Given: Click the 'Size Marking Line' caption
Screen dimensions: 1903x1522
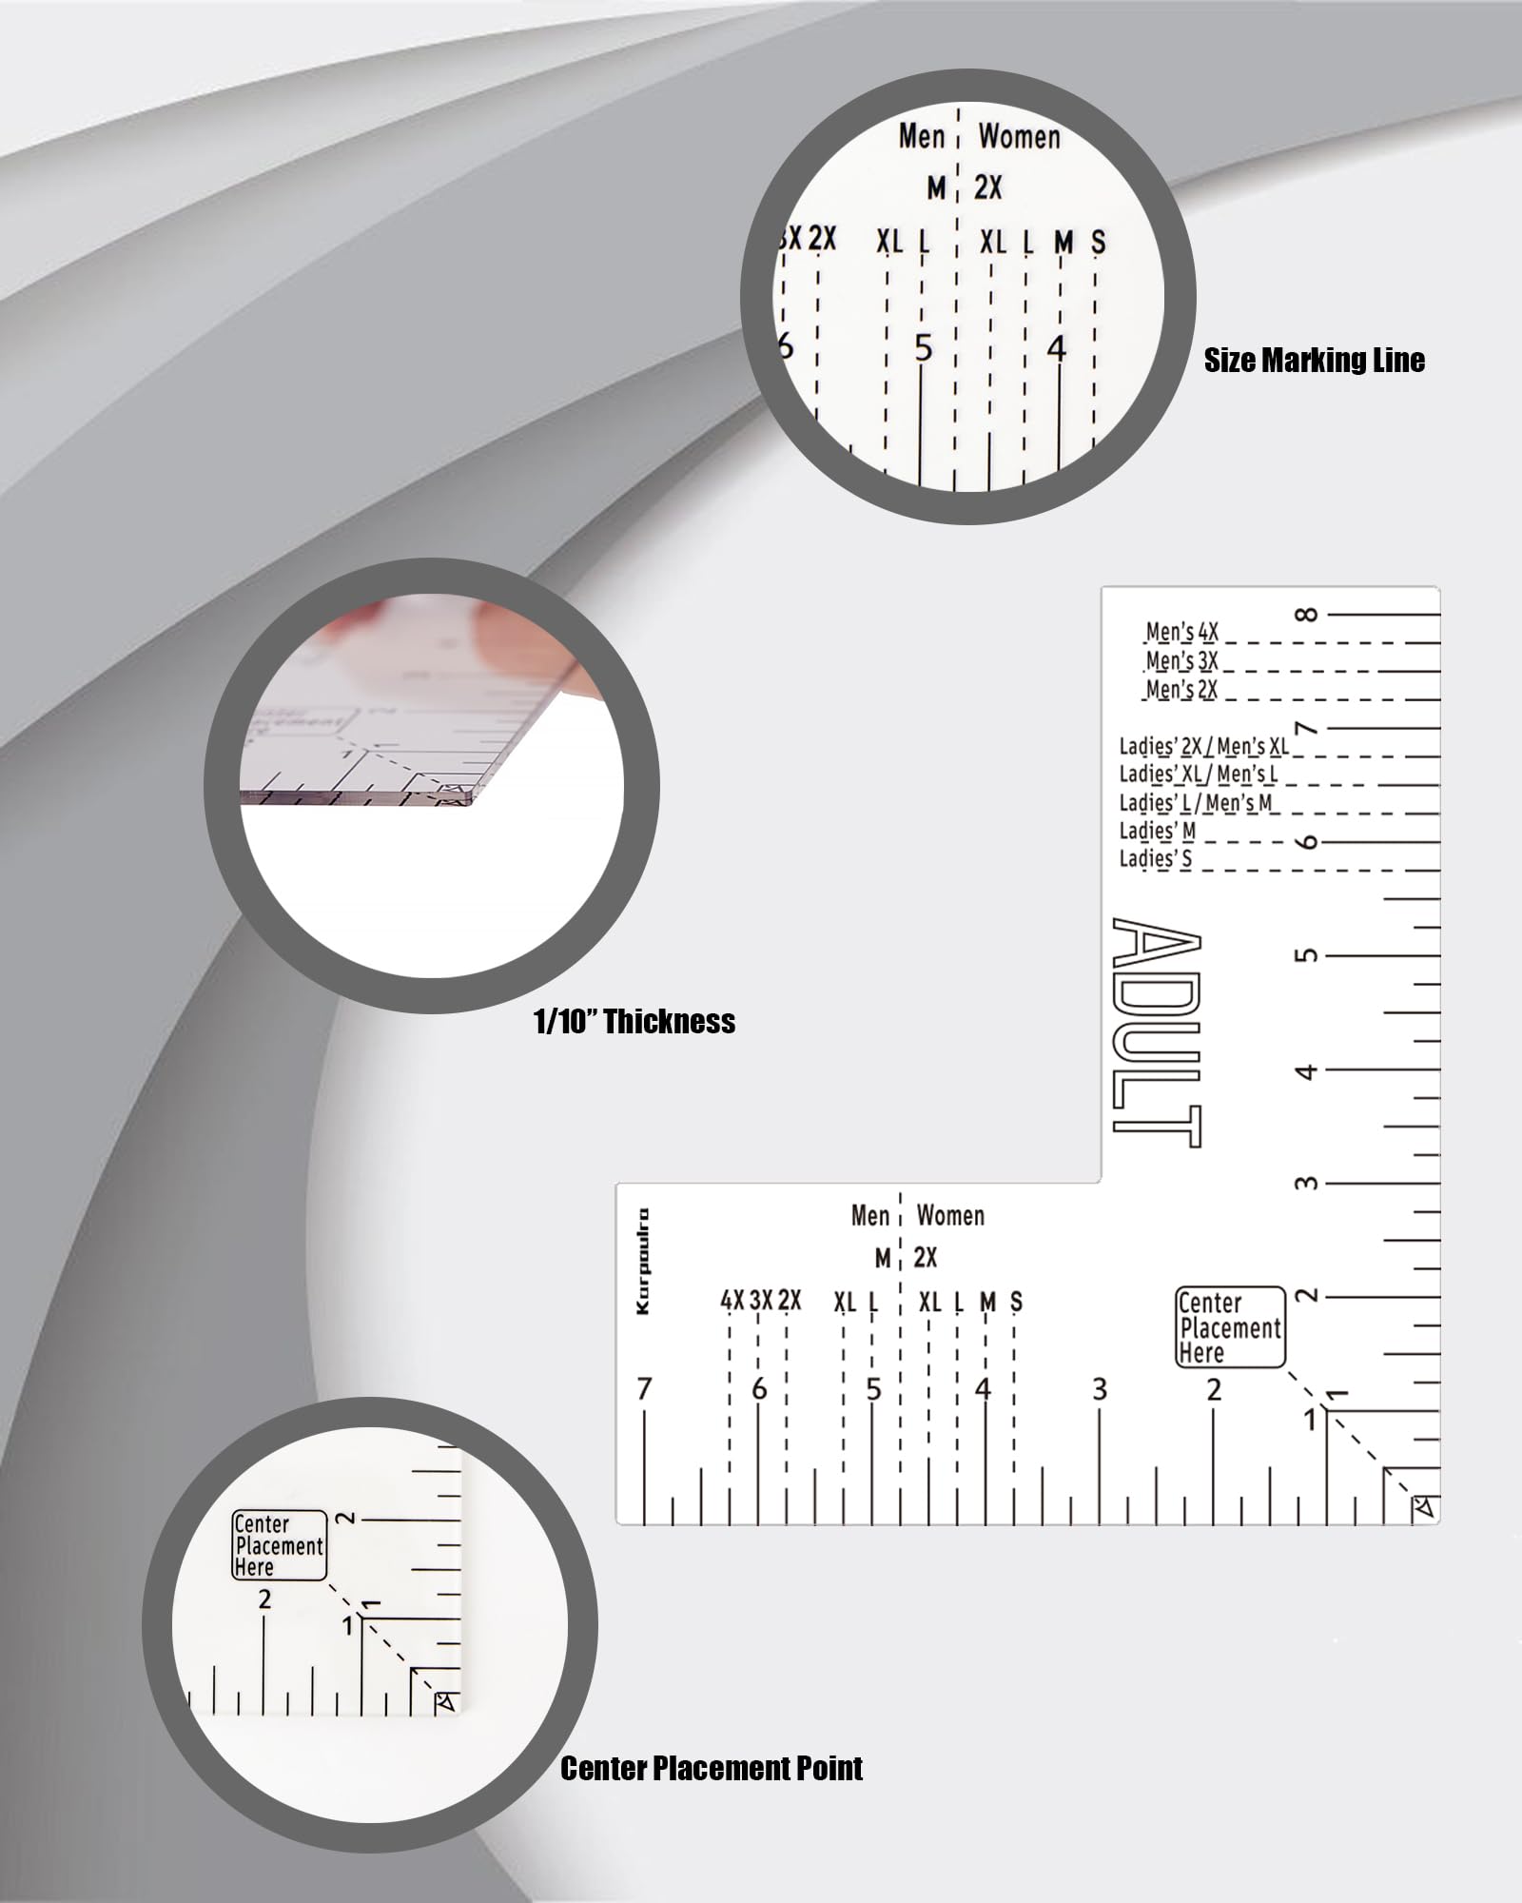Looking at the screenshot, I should pyautogui.click(x=1314, y=361).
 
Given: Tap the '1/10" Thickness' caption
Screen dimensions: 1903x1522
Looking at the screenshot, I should pyautogui.click(x=634, y=1022).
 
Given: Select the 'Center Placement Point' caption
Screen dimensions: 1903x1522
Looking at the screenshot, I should pyautogui.click(x=712, y=1769).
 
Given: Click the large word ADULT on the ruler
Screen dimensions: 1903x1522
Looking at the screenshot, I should pyautogui.click(x=1156, y=1032).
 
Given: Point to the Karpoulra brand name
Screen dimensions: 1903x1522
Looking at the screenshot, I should pyautogui.click(x=644, y=1261).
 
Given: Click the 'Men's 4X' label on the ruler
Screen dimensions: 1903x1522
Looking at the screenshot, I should pyautogui.click(x=1181, y=632).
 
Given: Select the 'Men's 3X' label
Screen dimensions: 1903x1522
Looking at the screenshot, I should pyautogui.click(x=1181, y=660).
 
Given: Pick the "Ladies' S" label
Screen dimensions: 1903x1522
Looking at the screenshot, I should pyautogui.click(x=1155, y=858).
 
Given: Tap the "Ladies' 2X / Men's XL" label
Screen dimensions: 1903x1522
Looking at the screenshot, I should pyautogui.click(x=1203, y=746).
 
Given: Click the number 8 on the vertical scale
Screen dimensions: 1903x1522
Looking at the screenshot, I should pyautogui.click(x=1309, y=615).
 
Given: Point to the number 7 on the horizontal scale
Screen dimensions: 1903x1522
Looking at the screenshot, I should pyautogui.click(x=644, y=1390).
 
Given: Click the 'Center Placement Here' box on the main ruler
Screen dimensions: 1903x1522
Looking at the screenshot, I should pyautogui.click(x=1230, y=1327).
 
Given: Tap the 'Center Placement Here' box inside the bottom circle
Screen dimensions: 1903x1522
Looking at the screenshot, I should pyautogui.click(x=279, y=1545).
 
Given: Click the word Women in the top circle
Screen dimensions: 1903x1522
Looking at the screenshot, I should pyautogui.click(x=1019, y=137).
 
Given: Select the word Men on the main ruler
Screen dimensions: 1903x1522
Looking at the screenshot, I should pyautogui.click(x=869, y=1215).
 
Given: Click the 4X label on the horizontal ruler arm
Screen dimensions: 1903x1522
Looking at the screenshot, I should pyautogui.click(x=732, y=1300).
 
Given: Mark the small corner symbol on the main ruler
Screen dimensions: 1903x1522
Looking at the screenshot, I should pyautogui.click(x=1424, y=1507).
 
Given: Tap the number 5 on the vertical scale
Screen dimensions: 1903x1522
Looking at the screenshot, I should pyautogui.click(x=1309, y=954).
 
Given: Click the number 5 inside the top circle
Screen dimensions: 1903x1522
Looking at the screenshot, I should pyautogui.click(x=923, y=349).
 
